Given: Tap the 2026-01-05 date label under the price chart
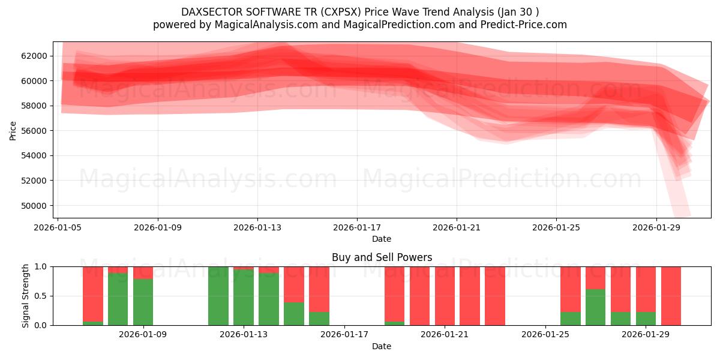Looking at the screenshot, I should (x=58, y=227).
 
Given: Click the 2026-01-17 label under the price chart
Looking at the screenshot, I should (x=357, y=227).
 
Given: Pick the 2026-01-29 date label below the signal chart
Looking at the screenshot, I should (x=645, y=335).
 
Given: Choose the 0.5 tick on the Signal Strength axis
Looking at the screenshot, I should (x=42, y=296).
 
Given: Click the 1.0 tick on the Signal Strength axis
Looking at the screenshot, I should (x=42, y=266).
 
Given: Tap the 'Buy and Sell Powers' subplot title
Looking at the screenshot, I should (x=382, y=257).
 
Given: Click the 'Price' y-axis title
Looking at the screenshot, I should (x=13, y=130).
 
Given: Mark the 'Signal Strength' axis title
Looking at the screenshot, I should (x=25, y=296).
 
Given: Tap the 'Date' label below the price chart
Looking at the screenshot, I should (x=382, y=239).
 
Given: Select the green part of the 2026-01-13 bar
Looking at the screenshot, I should (x=244, y=296).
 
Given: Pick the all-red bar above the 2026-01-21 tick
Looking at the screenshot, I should (x=445, y=296).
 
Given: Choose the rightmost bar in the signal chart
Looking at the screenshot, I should (x=671, y=296).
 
